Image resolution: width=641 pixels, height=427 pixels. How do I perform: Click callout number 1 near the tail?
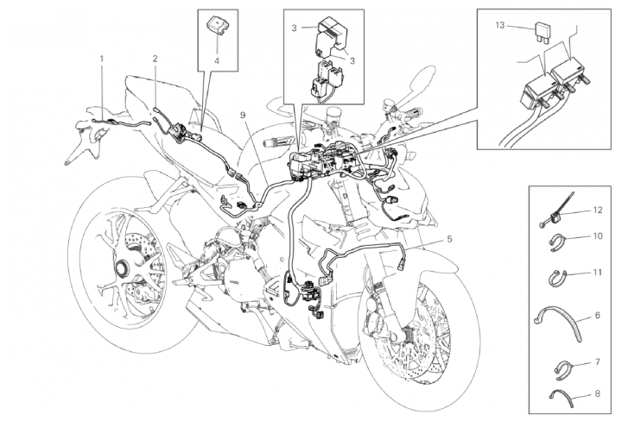click(102, 59)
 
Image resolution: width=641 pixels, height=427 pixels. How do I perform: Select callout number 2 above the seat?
click(155, 59)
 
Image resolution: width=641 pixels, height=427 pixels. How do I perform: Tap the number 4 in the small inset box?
click(217, 61)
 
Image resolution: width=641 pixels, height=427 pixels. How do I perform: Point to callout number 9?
click(244, 115)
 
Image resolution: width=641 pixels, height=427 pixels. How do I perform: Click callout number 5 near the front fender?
click(450, 239)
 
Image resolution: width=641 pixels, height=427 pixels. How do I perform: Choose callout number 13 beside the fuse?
click(500, 25)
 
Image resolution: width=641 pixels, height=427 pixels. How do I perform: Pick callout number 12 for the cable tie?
click(597, 210)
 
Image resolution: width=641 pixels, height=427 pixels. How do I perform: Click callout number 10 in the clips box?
click(597, 236)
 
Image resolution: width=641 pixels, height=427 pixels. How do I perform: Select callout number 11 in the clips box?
click(597, 272)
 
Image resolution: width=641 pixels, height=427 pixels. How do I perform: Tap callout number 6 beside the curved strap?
click(597, 315)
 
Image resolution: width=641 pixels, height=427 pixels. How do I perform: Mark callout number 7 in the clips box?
click(597, 361)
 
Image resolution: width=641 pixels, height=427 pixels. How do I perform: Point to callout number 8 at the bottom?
click(597, 394)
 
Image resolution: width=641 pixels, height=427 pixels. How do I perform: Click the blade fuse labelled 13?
click(542, 33)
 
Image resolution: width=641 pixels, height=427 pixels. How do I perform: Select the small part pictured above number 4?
click(217, 23)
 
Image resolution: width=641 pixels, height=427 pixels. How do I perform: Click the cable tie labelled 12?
click(557, 210)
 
